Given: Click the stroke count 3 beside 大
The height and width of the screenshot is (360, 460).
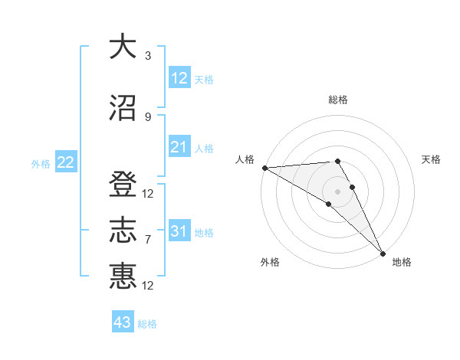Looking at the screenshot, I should (148, 57).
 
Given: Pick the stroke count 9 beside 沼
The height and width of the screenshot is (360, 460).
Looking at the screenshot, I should (148, 116).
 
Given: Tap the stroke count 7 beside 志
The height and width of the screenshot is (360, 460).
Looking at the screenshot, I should (148, 240).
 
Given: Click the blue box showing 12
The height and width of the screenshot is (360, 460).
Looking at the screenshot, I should (179, 77).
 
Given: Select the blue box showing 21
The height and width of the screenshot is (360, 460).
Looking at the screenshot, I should (179, 147).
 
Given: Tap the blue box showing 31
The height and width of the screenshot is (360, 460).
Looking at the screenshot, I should (179, 231).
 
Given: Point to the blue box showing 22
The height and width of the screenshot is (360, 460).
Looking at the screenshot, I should (65, 162).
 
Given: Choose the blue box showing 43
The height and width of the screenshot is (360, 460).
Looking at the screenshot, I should (122, 322).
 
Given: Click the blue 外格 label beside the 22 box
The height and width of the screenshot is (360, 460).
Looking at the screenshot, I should (41, 163).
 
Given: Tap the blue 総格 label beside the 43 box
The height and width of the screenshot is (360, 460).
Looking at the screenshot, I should (147, 324).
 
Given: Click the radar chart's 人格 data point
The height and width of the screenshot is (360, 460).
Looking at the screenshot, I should (264, 168).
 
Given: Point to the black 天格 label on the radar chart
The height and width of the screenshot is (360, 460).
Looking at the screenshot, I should (432, 159).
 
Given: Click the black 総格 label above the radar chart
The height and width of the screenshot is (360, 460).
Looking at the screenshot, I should (338, 100).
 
